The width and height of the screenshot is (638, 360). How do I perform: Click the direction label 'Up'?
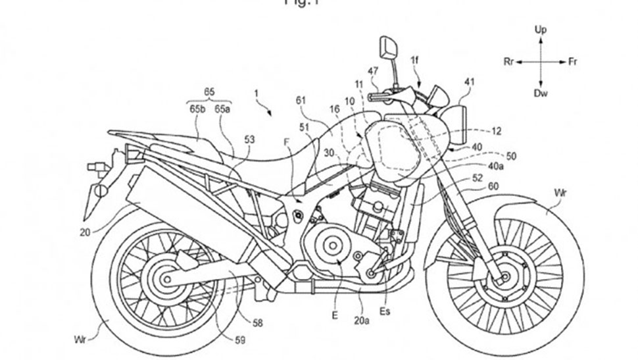[x=541, y=30]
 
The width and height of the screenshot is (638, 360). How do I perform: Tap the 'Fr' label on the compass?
[x=573, y=62]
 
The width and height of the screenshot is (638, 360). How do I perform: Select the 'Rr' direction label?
[x=508, y=62]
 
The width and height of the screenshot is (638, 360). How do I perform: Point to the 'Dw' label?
[x=541, y=94]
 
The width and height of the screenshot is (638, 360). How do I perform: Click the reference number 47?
[x=373, y=70]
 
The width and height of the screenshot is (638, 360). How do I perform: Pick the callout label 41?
[x=468, y=82]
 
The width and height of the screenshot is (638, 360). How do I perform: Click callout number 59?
[x=241, y=340]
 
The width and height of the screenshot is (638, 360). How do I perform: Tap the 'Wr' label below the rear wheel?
[x=80, y=340]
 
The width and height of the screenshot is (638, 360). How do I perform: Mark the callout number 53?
[x=249, y=140]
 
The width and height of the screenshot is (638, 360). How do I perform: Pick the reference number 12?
[x=496, y=132]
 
